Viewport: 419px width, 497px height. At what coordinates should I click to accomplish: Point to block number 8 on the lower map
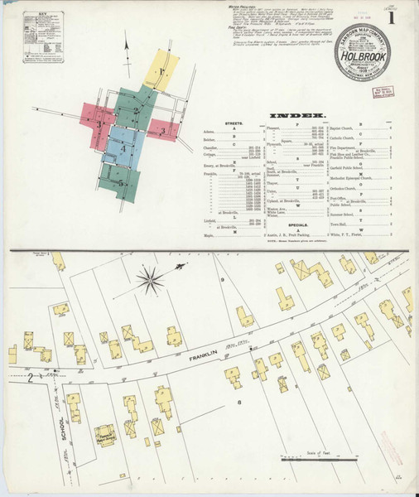239,403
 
